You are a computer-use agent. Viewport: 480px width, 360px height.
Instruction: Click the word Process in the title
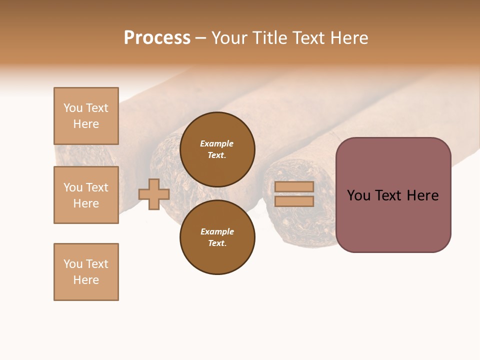tap(157, 38)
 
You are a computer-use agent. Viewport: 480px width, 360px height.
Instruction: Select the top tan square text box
tap(86, 116)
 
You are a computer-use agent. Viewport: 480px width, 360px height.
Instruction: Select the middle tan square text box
tap(86, 195)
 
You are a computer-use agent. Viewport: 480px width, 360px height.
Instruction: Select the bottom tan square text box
tap(86, 272)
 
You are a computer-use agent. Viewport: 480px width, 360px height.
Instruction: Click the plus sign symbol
tap(154, 194)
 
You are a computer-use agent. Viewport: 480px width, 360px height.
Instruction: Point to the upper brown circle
tap(217, 149)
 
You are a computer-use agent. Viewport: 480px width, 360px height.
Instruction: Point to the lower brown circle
tap(217, 237)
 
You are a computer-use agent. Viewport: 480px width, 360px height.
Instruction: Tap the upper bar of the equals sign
tap(294, 186)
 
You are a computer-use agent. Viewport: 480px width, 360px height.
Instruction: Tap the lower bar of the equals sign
tap(294, 201)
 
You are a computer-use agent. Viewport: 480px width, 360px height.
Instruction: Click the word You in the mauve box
tap(358, 195)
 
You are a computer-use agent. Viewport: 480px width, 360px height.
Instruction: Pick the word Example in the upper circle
tap(217, 143)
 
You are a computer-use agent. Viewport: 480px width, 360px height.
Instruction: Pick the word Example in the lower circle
tap(217, 231)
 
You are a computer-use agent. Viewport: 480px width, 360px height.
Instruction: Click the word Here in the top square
tap(86, 124)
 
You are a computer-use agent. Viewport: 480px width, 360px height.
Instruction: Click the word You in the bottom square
tap(73, 264)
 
